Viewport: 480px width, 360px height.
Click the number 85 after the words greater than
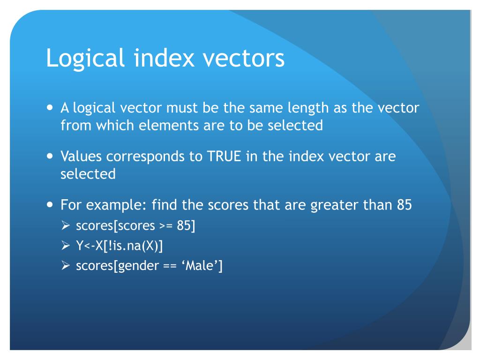click(404, 205)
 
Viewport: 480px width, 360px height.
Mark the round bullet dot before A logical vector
click(51, 107)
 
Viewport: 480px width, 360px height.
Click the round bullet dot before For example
click(51, 205)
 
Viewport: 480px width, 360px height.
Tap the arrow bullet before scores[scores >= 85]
click(66, 226)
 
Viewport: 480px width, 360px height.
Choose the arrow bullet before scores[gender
click(66, 266)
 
